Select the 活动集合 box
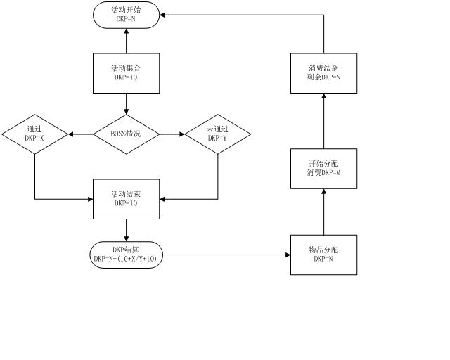point(127,72)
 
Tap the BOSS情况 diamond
point(127,134)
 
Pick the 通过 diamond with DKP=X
point(34,134)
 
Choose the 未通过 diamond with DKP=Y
point(217,134)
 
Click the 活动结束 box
point(127,199)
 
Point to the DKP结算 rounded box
point(127,254)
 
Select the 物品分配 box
point(324,255)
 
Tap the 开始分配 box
point(324,168)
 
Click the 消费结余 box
point(324,72)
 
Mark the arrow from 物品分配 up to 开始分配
point(324,211)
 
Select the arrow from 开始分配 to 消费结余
point(324,120)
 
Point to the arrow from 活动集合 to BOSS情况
point(127,103)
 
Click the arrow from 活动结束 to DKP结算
point(127,230)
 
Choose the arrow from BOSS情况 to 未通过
point(172,134)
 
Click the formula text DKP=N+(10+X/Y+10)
point(127,259)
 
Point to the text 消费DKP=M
point(324,173)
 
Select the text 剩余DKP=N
point(324,77)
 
